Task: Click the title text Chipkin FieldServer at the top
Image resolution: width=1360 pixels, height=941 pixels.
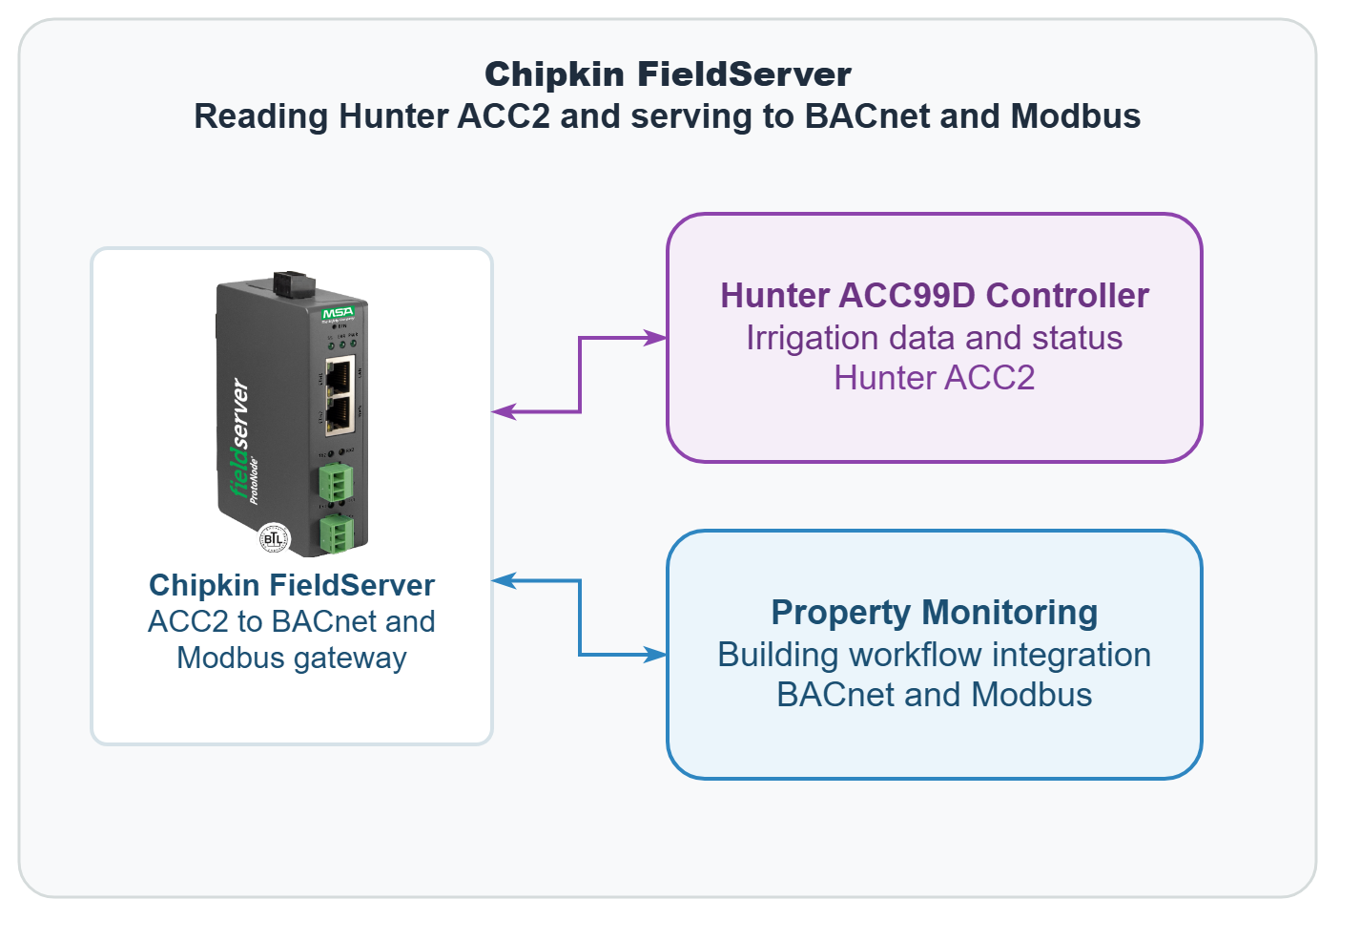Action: [x=668, y=74]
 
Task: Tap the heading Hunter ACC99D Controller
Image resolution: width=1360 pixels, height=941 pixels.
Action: [x=934, y=296]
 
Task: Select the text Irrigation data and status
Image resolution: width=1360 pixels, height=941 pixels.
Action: [x=934, y=338]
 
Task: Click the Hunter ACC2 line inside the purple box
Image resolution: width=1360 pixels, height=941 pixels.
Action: [x=934, y=378]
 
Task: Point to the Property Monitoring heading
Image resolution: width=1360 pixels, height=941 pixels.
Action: [x=934, y=613]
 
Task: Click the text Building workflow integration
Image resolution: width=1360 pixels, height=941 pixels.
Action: [x=934, y=655]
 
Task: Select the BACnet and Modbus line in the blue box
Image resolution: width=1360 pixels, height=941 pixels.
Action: [x=934, y=695]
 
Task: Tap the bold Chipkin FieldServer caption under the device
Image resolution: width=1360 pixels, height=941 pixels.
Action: [x=292, y=585]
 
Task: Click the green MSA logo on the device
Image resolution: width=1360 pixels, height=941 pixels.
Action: [x=338, y=313]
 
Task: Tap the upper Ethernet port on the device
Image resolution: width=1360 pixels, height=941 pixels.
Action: [x=339, y=375]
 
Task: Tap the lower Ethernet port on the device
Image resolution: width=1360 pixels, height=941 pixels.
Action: [x=339, y=413]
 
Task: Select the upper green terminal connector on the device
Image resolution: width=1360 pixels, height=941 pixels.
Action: [x=336, y=482]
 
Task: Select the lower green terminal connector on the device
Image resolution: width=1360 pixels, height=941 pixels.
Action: [x=336, y=533]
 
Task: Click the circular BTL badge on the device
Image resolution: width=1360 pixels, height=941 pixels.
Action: [x=274, y=539]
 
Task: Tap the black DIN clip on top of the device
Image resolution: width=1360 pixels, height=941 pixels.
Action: [x=294, y=283]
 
